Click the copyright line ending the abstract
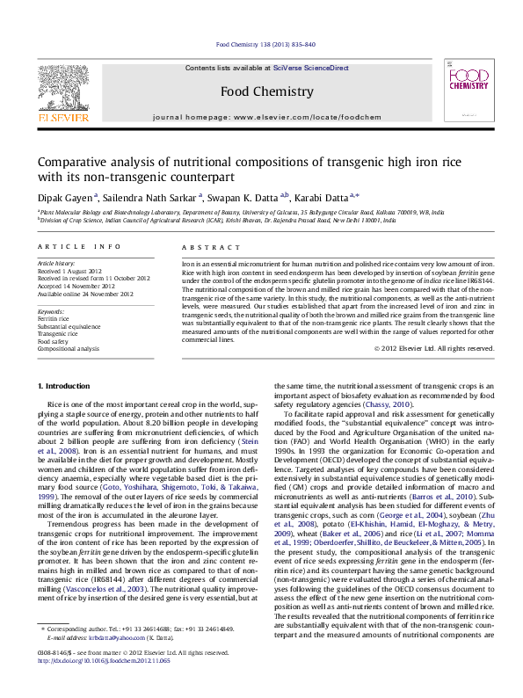point(434,348)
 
